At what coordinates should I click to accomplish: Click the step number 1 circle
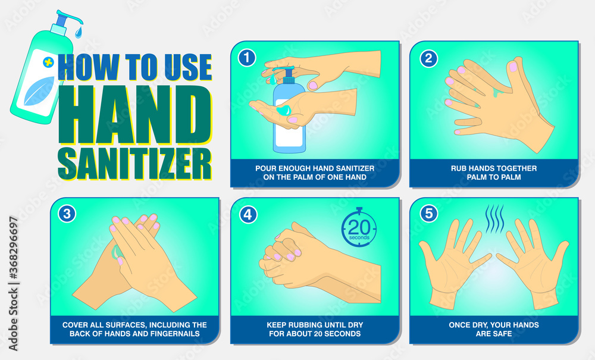coord(246,58)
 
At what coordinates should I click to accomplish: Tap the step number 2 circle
coord(428,58)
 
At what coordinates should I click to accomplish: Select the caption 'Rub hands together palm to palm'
coord(493,173)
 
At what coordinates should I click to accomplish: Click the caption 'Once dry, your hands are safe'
coord(493,329)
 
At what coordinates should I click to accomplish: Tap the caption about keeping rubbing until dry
coord(315,329)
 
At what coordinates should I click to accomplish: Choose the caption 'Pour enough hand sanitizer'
coord(315,173)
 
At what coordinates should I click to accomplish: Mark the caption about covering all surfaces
coord(134,329)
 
